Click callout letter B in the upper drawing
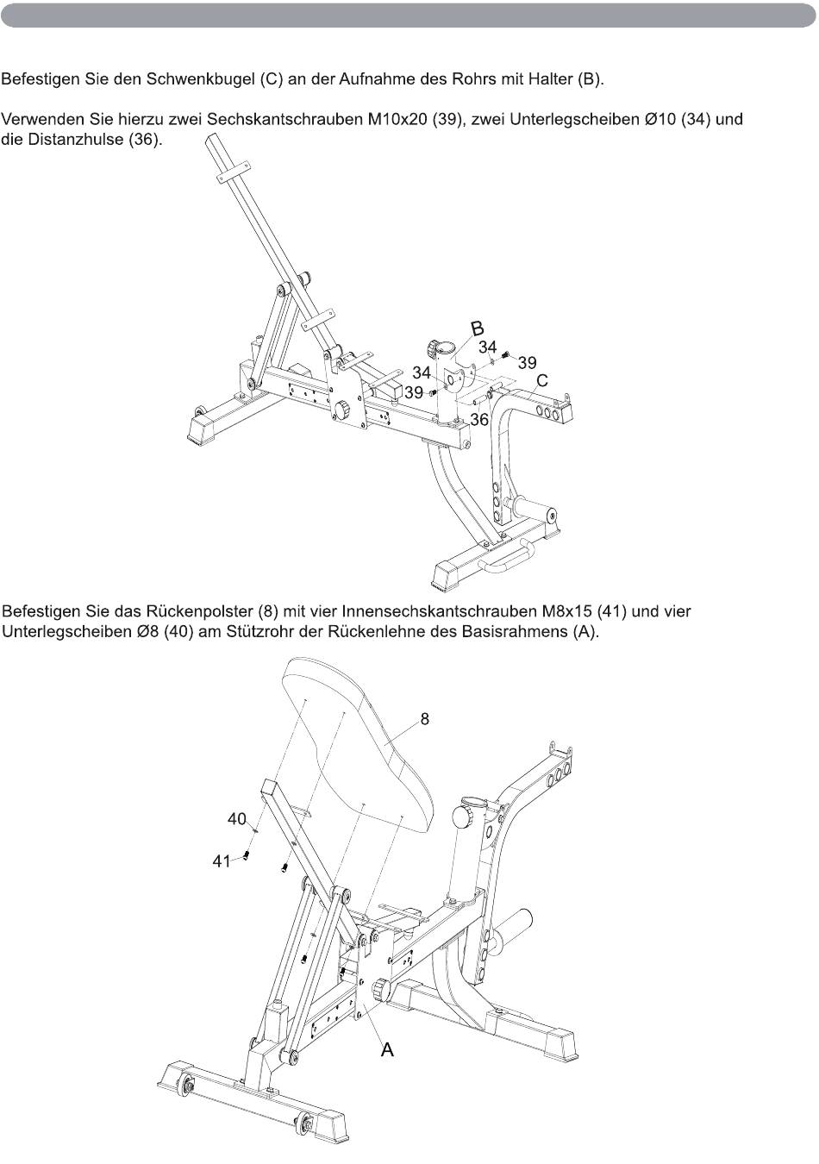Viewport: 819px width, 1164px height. [x=477, y=328]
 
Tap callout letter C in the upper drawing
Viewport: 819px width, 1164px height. [x=542, y=380]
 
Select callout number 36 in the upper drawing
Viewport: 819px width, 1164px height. [x=479, y=420]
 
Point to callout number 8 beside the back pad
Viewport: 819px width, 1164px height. [x=425, y=718]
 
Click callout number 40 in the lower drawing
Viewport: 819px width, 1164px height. [x=237, y=818]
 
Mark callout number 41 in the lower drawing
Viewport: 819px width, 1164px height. [x=222, y=860]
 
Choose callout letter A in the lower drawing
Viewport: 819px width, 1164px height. [x=387, y=1049]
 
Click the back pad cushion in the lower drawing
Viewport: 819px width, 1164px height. [x=362, y=742]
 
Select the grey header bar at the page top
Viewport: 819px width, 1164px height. [x=409, y=16]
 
